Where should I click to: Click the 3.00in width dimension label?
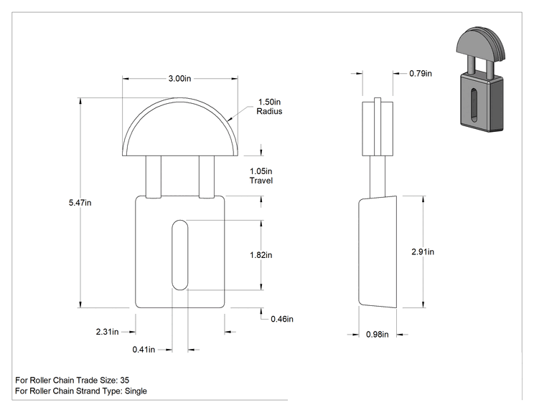[180, 79]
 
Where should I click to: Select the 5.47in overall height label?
[80, 203]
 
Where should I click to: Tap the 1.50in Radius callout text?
[269, 106]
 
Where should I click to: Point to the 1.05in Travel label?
[261, 176]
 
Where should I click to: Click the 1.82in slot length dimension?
[261, 255]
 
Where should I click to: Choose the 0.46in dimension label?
[282, 319]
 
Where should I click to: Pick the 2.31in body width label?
[107, 332]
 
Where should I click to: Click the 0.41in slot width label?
[144, 350]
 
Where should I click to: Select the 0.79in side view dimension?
[421, 73]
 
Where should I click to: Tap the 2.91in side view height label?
[423, 251]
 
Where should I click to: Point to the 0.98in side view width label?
[378, 335]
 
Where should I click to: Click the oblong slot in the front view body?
[180, 255]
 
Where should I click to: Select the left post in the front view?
[154, 177]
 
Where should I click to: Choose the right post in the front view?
[207, 177]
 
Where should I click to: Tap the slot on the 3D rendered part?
[474, 105]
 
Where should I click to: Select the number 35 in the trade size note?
[125, 380]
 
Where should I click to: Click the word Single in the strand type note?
[136, 391]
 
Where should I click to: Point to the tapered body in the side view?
[378, 252]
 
